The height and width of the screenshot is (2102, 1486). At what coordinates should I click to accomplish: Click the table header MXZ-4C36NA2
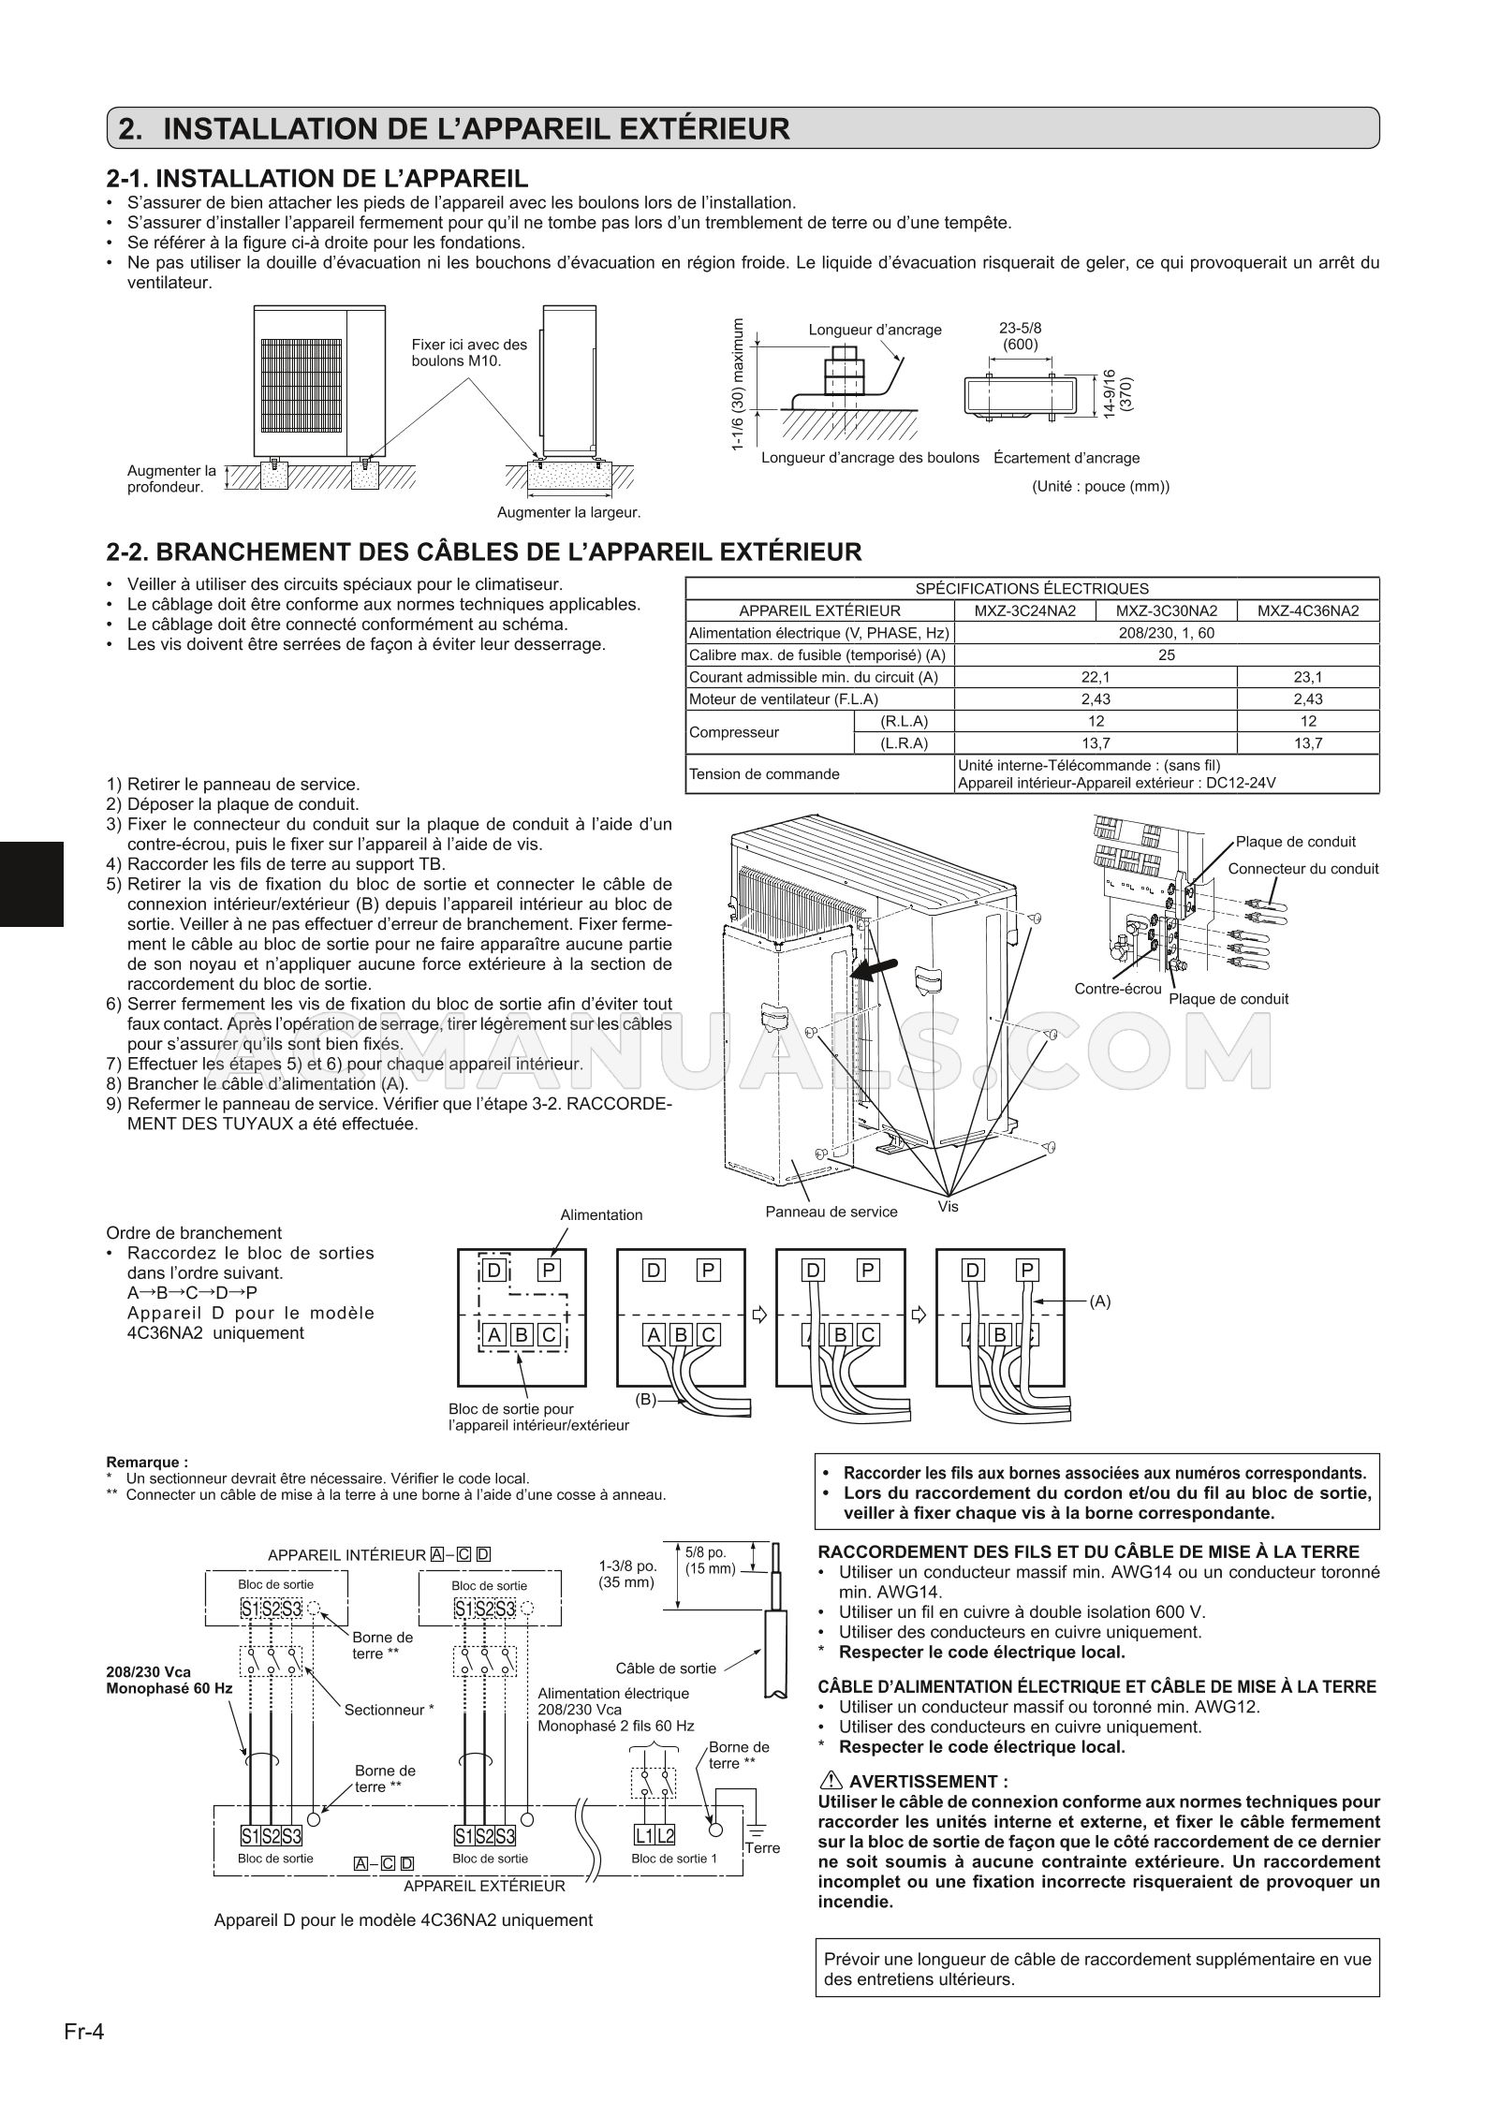pos(1308,610)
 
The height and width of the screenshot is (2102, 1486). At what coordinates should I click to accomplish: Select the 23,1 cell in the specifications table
pos(1308,677)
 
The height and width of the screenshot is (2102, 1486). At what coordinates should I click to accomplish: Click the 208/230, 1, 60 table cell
pos(1166,633)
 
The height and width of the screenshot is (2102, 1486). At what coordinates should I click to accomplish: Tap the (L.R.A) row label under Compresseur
pos(904,743)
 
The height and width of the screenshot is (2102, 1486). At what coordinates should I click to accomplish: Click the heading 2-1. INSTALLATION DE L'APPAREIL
pos(318,178)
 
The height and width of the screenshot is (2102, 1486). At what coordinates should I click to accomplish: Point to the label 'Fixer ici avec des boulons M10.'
pos(469,352)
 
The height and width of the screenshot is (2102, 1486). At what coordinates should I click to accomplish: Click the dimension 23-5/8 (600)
pos(1020,335)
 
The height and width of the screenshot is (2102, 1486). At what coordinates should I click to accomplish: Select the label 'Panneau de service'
pos(831,1212)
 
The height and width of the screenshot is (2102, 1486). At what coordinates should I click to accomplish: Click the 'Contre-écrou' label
pos(1117,989)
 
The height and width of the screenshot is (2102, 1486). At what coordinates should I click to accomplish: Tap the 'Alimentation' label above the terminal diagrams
pos(601,1214)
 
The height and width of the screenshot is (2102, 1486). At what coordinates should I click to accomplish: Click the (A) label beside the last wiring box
pos(1100,1301)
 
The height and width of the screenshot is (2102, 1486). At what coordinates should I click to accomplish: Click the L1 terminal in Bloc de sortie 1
pos(643,1834)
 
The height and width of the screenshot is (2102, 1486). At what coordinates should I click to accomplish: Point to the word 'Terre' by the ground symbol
pos(762,1847)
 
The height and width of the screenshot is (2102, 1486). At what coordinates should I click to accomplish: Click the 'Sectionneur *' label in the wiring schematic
pos(389,1709)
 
